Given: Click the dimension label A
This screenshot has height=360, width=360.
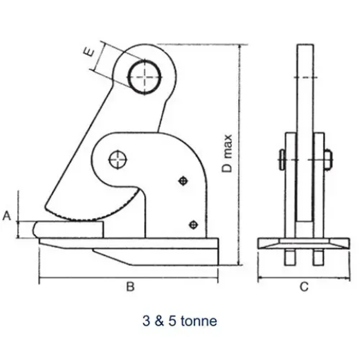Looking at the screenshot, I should [x=8, y=216].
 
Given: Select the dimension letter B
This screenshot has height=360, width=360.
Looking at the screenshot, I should [x=129, y=287].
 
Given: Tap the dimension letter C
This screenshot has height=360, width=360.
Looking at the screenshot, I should [x=303, y=287].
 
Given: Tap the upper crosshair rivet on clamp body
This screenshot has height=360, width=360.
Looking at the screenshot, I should [x=183, y=181].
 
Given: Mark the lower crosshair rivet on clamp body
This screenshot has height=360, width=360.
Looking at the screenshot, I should [x=193, y=224].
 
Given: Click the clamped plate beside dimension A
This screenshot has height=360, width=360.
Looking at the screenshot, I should [x=69, y=228].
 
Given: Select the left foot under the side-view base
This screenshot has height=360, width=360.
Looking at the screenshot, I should [x=290, y=256].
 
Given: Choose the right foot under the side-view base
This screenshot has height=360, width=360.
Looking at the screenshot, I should [x=318, y=256].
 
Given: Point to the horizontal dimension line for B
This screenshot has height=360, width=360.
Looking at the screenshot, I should [x=129, y=280].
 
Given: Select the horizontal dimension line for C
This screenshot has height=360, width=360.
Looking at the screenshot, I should [x=303, y=280].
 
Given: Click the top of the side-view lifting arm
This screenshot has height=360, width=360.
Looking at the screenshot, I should [x=305, y=48].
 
